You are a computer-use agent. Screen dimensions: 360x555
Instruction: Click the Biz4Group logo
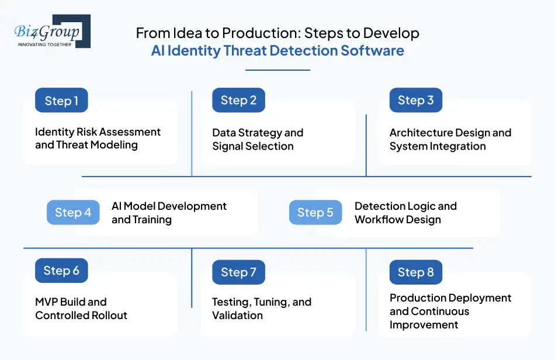[51, 31]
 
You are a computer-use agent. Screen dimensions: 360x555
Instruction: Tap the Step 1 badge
[61, 101]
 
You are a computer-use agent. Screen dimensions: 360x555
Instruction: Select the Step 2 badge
[238, 101]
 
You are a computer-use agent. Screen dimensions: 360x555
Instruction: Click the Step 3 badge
[415, 101]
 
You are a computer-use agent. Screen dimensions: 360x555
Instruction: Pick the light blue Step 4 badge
[73, 213]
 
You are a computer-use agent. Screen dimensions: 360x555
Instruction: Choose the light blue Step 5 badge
[315, 213]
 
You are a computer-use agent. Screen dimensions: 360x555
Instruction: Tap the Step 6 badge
[61, 271]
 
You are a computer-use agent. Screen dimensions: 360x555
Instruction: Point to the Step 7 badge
[238, 272]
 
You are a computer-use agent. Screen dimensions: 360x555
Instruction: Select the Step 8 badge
[415, 272]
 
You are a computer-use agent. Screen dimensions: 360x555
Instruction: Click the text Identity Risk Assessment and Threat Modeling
[98, 139]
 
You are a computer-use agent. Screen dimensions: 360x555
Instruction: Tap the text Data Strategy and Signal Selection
[258, 140]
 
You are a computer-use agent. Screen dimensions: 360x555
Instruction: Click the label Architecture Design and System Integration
[450, 140]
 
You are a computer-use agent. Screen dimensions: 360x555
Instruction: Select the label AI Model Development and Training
[169, 213]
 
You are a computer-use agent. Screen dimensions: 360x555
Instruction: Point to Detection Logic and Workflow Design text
[405, 213]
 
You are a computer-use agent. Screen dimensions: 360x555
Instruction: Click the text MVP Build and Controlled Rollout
[81, 309]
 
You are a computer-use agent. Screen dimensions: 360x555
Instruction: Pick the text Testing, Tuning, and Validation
[261, 309]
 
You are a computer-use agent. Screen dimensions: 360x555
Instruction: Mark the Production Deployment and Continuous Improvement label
[450, 311]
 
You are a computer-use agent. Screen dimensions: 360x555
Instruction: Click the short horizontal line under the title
[277, 70]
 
